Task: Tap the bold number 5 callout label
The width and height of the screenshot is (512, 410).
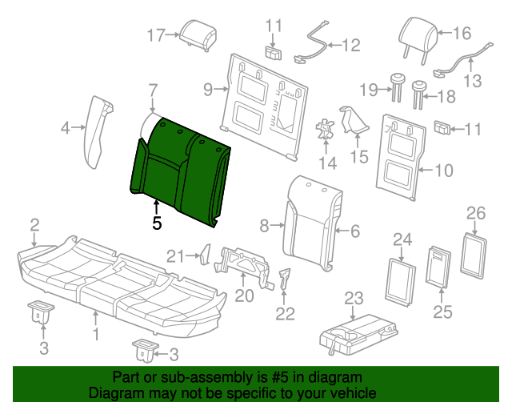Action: pos(157,224)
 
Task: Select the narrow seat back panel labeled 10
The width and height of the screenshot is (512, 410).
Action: pos(401,157)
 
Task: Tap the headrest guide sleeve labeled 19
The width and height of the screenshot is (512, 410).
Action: pos(398,86)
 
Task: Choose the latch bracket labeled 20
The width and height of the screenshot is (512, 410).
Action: pos(247,259)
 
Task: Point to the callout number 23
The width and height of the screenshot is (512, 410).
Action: pos(354,299)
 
